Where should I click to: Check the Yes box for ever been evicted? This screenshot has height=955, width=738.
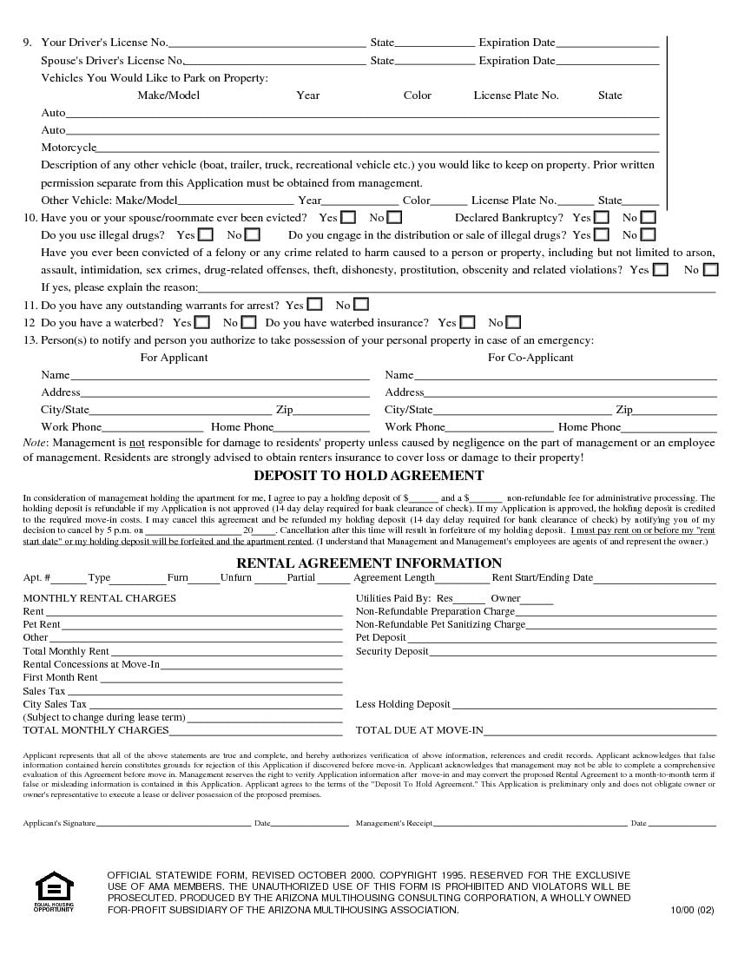(x=348, y=217)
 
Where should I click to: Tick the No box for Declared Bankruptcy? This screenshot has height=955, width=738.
(x=648, y=217)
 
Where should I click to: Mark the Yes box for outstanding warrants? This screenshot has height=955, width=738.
(x=314, y=305)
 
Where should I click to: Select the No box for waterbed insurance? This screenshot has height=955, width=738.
(x=513, y=322)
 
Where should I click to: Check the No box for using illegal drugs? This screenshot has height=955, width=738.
(x=252, y=234)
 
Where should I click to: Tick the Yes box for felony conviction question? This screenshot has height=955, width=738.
(x=661, y=270)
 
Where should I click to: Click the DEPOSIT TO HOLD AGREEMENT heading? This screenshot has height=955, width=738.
(x=368, y=476)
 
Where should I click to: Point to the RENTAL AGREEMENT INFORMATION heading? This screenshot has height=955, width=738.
(x=369, y=563)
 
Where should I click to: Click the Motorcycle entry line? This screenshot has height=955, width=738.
(x=378, y=148)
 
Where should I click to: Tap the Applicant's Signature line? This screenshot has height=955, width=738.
(x=174, y=823)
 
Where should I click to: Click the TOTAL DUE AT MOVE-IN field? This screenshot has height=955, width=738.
(x=600, y=731)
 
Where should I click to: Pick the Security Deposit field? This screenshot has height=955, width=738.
(x=574, y=652)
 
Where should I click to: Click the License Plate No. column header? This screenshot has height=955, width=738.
(x=516, y=95)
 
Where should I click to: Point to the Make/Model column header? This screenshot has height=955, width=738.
(x=168, y=95)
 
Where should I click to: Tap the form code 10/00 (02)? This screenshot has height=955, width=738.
(x=692, y=910)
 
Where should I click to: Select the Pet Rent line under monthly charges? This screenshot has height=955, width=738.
(x=201, y=625)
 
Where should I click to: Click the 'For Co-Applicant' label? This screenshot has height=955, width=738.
(x=530, y=358)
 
